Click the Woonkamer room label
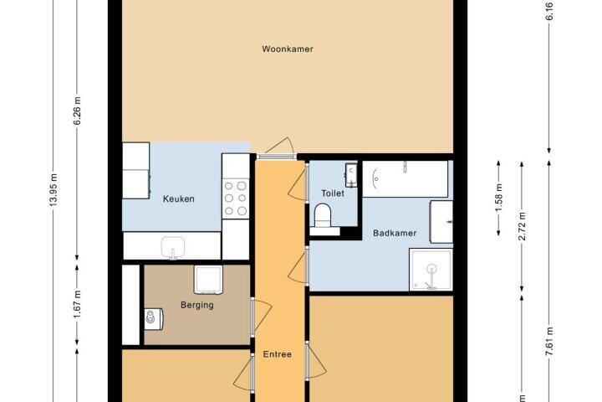tap(288, 49)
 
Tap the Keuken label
tap(179, 198)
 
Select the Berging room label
tap(197, 305)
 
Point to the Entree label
tap(278, 354)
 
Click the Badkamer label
tap(395, 233)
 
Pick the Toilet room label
tap(333, 193)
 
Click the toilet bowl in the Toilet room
tap(323, 215)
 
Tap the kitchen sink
tap(173, 248)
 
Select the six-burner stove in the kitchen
tap(235, 198)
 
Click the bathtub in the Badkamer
tap(406, 179)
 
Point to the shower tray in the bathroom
tap(431, 270)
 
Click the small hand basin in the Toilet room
tap(351, 175)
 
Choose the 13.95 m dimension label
tap(54, 190)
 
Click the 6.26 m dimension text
tap(77, 111)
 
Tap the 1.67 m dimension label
tap(77, 305)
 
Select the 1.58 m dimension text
tap(498, 198)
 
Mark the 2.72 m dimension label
tap(522, 226)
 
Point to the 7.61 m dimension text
tap(549, 342)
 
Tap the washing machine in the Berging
tap(208, 280)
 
